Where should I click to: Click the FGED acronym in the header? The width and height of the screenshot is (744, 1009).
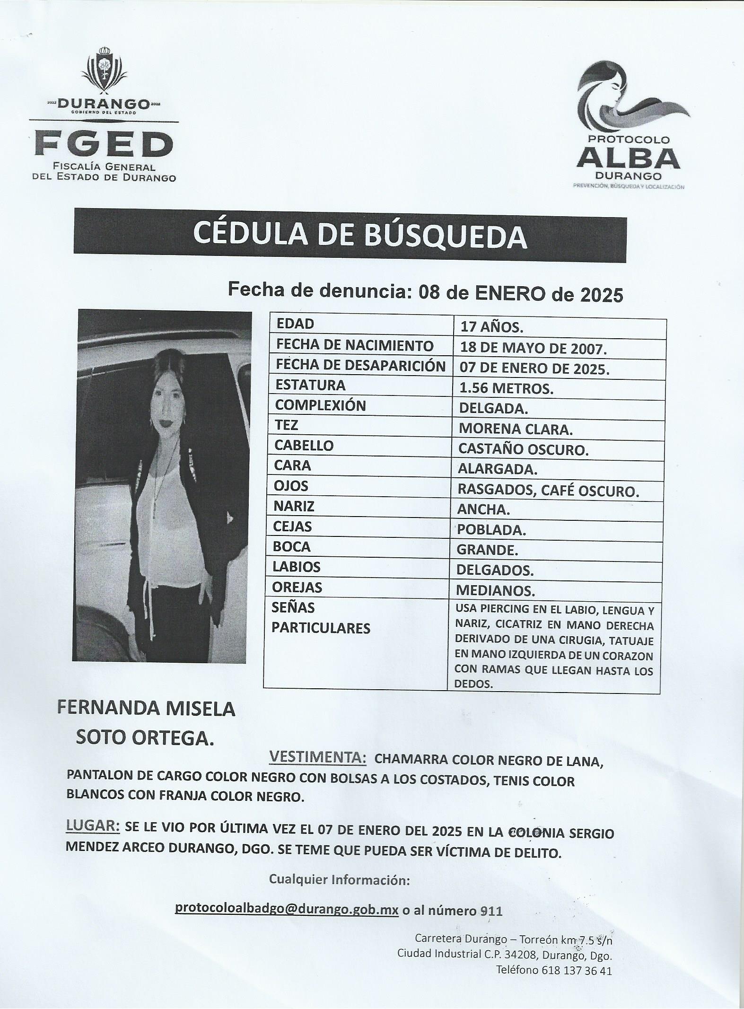tap(104, 145)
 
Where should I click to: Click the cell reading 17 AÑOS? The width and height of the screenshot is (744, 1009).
tap(492, 327)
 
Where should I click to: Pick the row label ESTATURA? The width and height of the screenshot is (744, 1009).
tap(310, 385)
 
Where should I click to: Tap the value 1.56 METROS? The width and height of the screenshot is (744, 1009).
tap(506, 388)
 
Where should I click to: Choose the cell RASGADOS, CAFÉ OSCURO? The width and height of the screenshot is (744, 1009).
tap(548, 491)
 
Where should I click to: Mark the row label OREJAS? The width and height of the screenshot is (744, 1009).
tap(298, 587)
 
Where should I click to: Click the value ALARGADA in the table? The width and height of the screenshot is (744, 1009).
tap(497, 469)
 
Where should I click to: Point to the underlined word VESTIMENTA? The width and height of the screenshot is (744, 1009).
tap(317, 758)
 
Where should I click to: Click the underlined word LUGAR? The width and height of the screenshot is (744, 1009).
tap(92, 825)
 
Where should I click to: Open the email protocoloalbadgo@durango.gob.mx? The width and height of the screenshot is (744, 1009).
tap(287, 908)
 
